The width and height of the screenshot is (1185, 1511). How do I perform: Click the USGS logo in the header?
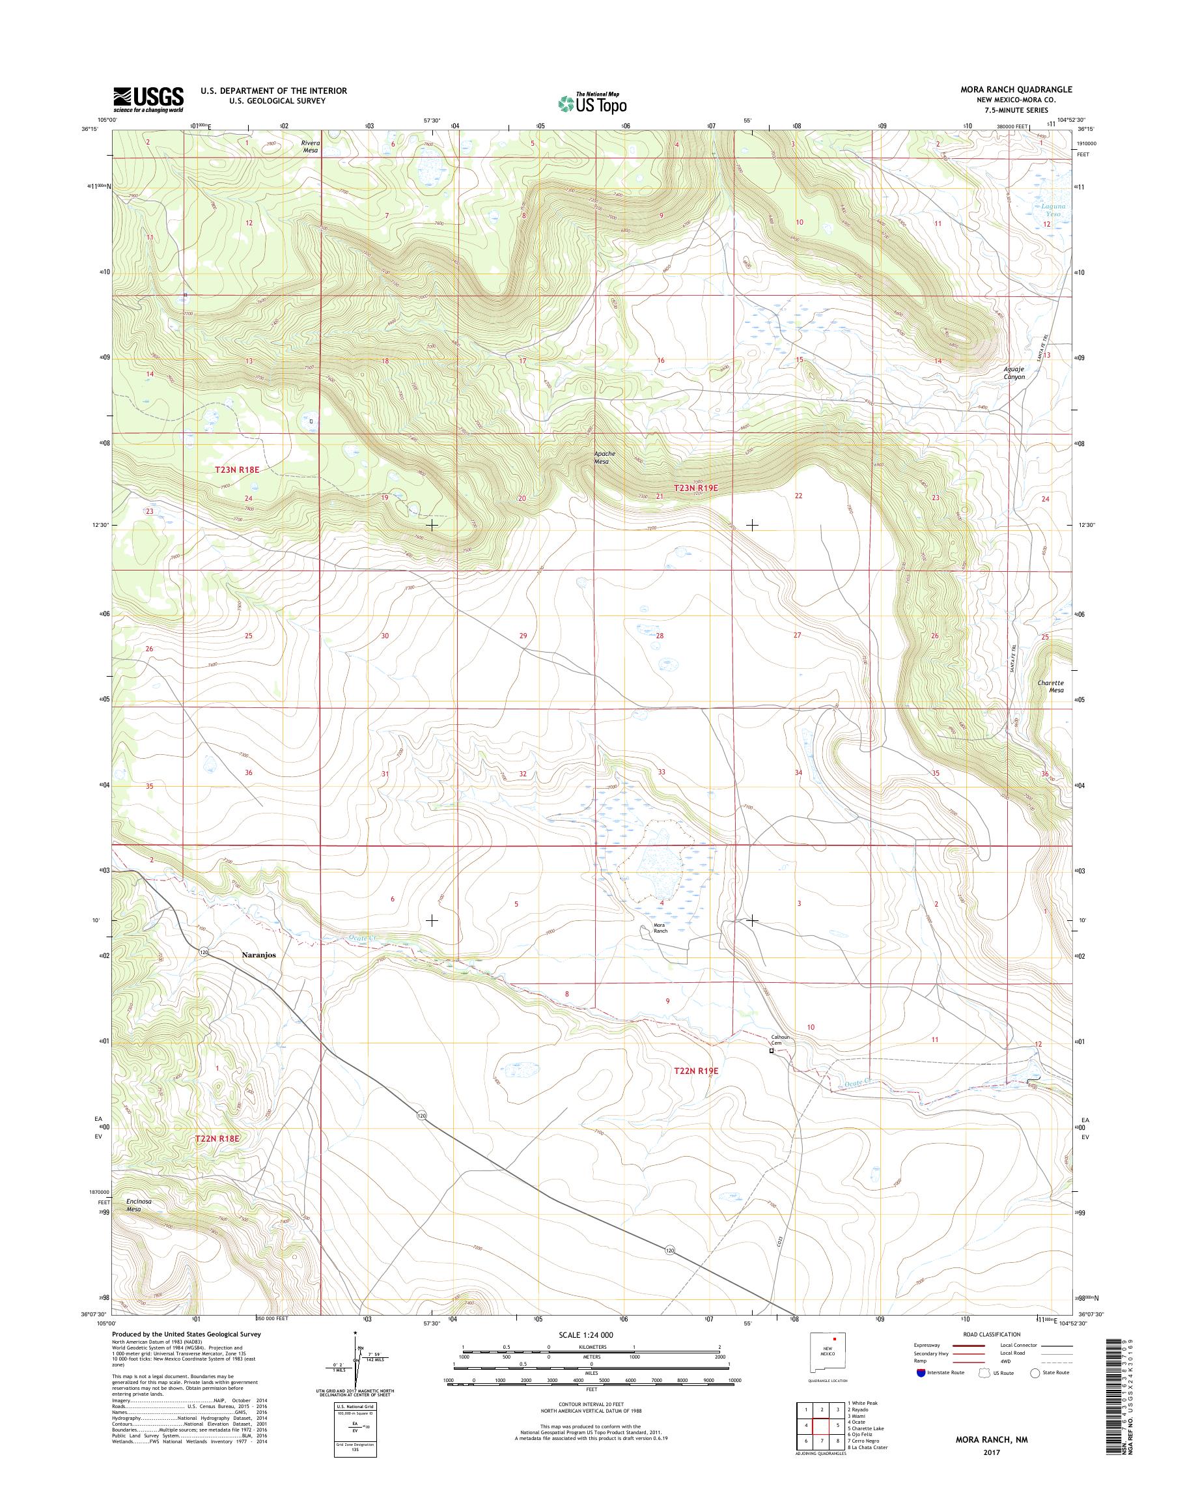(148, 98)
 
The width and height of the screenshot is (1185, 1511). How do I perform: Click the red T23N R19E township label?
(696, 488)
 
